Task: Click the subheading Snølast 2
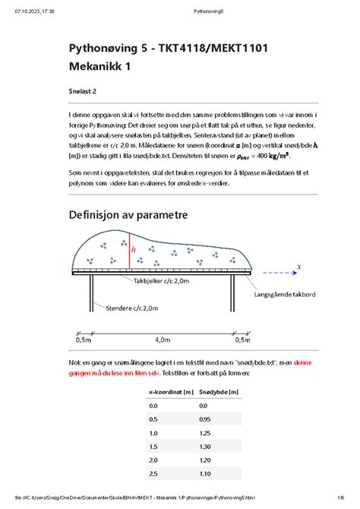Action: pyautogui.click(x=83, y=91)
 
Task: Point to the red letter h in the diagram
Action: pyautogui.click(x=134, y=248)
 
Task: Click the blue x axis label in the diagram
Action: pyautogui.click(x=299, y=267)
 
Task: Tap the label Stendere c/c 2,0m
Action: pyautogui.click(x=133, y=308)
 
